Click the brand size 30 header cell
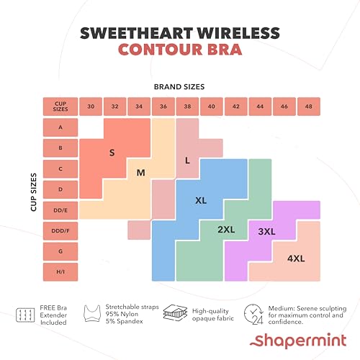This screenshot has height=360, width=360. click(x=91, y=106)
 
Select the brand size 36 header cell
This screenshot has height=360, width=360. click(x=163, y=106)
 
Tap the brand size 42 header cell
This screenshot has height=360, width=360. click(x=235, y=106)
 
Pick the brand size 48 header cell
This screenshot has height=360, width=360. click(x=308, y=106)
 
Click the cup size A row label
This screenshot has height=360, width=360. click(x=60, y=127)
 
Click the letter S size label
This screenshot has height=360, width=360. click(x=112, y=153)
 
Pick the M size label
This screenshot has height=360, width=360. click(x=141, y=172)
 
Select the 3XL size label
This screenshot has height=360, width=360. click(x=267, y=231)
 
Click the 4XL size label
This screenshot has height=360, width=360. click(x=296, y=257)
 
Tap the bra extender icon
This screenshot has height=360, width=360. click(x=27, y=315)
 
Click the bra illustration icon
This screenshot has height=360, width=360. click(x=94, y=314)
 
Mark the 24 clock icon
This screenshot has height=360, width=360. click(x=253, y=314)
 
